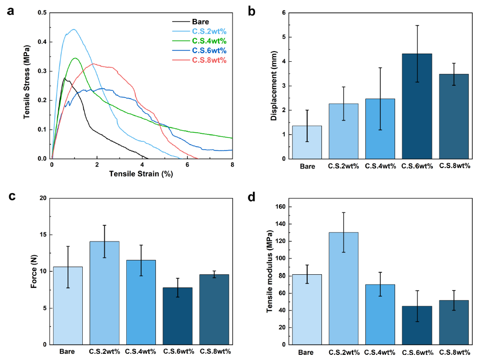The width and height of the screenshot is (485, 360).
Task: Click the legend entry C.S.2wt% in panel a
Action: coord(209,31)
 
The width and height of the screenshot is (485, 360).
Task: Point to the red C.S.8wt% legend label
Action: coord(209,60)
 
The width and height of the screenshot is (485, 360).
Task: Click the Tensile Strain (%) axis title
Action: coord(141,174)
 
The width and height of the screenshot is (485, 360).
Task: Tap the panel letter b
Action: coord(251,11)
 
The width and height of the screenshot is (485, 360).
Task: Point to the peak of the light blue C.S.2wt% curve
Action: coord(74,29)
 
